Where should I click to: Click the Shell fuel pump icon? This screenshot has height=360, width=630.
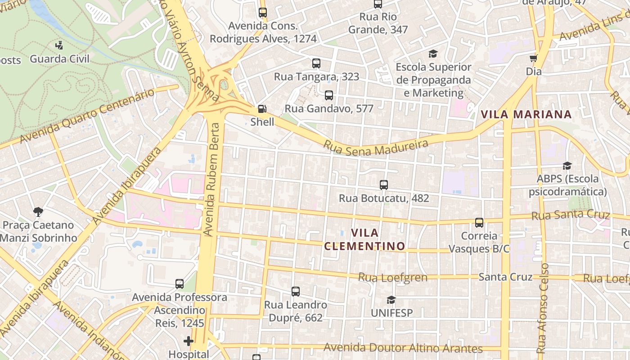tap(262, 109)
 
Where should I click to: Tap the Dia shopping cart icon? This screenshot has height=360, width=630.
tap(534, 58)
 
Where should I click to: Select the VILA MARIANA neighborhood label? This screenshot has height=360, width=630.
tap(526, 114)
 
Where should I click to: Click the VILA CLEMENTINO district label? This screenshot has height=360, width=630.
tap(364, 239)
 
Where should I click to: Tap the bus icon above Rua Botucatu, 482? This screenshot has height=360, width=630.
tap(384, 184)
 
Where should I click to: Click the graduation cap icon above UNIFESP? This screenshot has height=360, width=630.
tap(391, 300)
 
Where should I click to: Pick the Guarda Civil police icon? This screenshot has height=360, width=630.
tap(59, 45)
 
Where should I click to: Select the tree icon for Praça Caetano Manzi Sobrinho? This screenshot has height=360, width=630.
tap(38, 211)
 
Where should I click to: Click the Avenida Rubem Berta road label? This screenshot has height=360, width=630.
tap(212, 179)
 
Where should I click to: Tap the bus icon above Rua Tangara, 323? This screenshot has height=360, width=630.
tap(316, 63)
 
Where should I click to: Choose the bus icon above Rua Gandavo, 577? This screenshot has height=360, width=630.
tap(329, 95)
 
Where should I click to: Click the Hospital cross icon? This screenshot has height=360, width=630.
tap(189, 342)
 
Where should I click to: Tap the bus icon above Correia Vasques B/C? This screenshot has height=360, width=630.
tap(479, 222)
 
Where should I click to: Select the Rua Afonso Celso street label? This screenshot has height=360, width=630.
tap(543, 308)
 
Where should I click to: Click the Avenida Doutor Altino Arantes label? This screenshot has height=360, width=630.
tap(403, 348)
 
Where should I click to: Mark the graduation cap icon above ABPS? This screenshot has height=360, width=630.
tap(567, 166)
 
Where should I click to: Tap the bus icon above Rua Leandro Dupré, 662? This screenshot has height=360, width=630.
tap(296, 292)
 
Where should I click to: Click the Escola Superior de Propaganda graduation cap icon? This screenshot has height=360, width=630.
tap(433, 54)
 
